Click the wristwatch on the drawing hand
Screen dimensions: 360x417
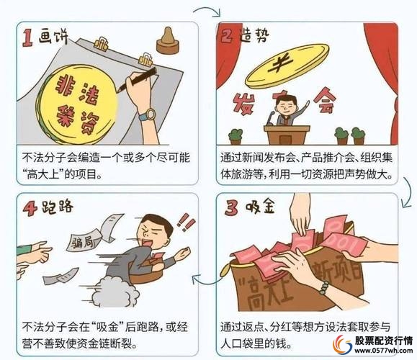(x=147, y=114)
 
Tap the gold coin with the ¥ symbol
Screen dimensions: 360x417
(x=281, y=68)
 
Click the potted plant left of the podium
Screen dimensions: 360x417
(x=235, y=134)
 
